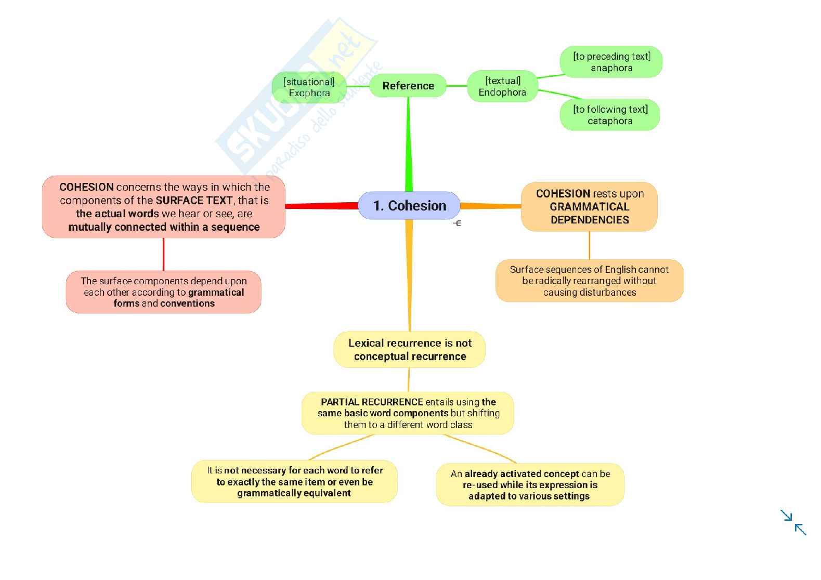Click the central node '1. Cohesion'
click(409, 206)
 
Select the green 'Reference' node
click(408, 86)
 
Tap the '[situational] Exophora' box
click(309, 87)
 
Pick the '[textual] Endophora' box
click(502, 86)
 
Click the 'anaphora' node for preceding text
click(611, 62)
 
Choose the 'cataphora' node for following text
click(610, 115)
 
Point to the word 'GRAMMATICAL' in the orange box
click(589, 206)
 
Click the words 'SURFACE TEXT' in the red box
click(194, 201)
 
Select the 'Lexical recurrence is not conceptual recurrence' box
click(410, 350)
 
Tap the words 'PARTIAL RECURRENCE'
click(371, 402)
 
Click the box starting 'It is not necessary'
click(294, 481)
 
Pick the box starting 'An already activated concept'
click(530, 484)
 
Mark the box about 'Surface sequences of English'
click(589, 281)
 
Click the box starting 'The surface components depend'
click(164, 292)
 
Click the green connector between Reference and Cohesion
click(408, 146)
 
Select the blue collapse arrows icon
click(793, 522)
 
